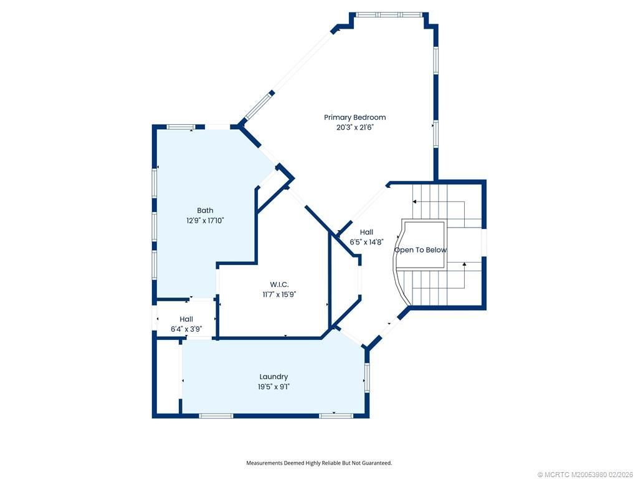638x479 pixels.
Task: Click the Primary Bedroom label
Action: [355, 117]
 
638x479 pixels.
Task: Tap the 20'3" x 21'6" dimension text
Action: [355, 127]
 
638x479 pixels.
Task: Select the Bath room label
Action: [205, 210]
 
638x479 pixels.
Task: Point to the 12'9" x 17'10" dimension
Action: [205, 221]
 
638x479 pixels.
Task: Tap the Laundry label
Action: [274, 377]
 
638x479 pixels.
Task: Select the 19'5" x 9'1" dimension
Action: [274, 387]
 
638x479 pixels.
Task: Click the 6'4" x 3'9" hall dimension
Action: [186, 329]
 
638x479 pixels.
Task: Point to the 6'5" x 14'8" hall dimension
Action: [366, 242]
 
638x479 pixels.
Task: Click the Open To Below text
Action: [421, 250]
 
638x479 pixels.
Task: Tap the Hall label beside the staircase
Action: [366, 232]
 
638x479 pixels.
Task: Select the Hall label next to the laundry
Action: [186, 319]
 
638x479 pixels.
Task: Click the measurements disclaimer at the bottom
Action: [319, 463]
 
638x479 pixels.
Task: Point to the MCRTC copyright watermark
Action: [585, 475]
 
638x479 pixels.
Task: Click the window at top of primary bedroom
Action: [388, 14]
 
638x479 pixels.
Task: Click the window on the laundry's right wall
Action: [367, 377]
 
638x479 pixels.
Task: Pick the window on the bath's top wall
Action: [181, 127]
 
